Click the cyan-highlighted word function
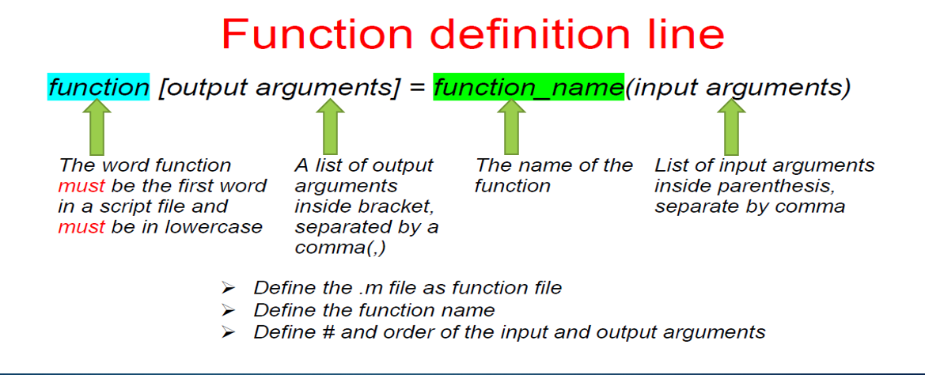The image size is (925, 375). (98, 87)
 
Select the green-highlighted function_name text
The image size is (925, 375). (529, 87)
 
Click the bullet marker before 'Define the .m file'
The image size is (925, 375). (229, 288)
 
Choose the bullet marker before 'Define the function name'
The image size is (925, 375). (229, 310)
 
